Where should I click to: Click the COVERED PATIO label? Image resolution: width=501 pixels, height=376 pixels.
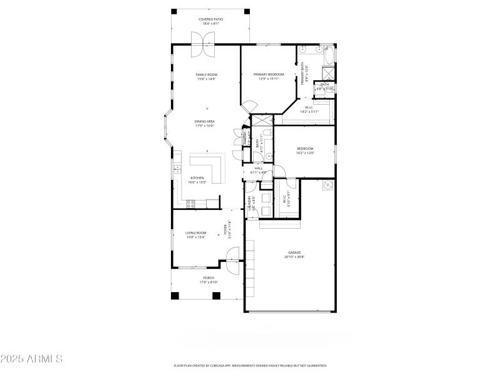[210, 20]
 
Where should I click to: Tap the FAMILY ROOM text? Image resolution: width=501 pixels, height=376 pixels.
[206, 75]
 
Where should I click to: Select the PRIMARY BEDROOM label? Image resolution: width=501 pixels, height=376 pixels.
[269, 75]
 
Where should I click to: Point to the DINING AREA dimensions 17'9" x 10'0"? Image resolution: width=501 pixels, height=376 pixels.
[204, 126]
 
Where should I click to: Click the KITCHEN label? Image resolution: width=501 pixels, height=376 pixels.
[197, 178]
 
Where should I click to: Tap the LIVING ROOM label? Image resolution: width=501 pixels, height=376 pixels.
[196, 232]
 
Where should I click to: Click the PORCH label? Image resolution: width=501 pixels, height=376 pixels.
[209, 278]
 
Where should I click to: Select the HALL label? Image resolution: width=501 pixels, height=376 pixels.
[258, 168]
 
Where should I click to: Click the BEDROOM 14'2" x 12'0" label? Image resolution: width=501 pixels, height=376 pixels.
[305, 149]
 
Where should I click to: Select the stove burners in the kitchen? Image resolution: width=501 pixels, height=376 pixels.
[190, 203]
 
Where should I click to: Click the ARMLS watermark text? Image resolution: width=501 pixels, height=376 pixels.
[31, 359]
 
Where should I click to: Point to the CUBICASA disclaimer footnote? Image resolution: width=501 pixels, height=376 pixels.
[250, 365]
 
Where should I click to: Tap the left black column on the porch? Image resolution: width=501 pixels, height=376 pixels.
[175, 295]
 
